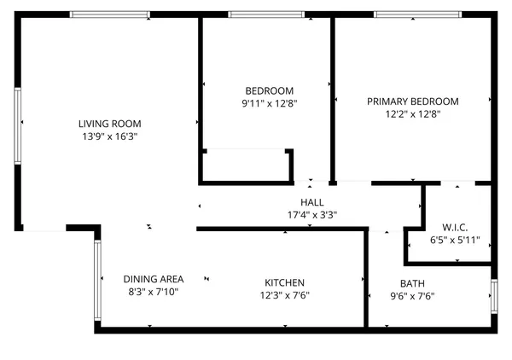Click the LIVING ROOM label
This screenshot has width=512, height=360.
pos(109,123)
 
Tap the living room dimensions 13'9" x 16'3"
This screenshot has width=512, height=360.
pos(109,136)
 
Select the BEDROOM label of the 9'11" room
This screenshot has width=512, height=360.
pos(269,91)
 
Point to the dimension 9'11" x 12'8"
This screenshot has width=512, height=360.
pos(269,104)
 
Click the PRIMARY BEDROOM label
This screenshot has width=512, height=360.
pos(412,102)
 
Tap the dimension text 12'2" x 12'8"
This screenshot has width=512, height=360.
pos(412,114)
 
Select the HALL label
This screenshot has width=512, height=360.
pos(312,202)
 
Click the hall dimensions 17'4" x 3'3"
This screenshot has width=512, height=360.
pos(312,215)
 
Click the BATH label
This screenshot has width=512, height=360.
pos(412,283)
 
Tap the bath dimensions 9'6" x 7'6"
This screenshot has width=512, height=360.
pos(412,296)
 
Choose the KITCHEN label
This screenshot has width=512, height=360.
pos(284,282)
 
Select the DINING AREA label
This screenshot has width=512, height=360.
pos(154,279)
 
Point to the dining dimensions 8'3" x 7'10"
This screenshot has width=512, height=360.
pos(154,292)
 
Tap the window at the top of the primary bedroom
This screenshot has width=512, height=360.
pos(417,14)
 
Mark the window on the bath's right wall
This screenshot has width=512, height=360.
pos(494,295)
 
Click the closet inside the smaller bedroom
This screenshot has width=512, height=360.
pos(246,165)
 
